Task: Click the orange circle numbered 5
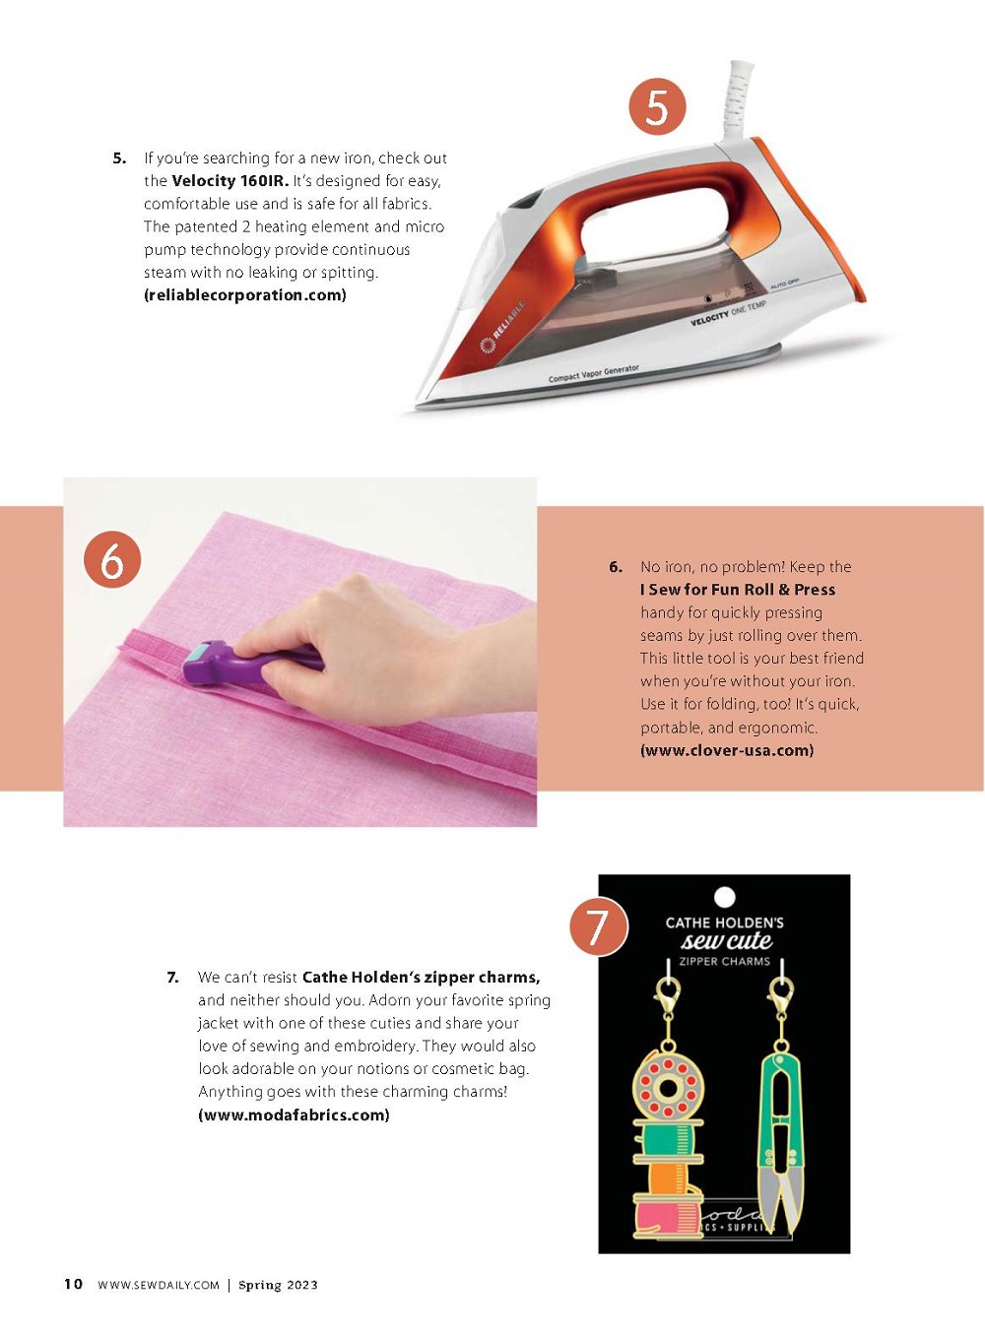pyautogui.click(x=657, y=107)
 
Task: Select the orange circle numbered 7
pyautogui.click(x=598, y=926)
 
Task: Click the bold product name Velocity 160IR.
pyautogui.click(x=230, y=181)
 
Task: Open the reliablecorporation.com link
pyautogui.click(x=244, y=295)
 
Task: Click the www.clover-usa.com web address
pyautogui.click(x=727, y=750)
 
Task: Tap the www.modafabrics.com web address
pyautogui.click(x=295, y=1114)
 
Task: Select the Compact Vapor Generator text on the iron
pyautogui.click(x=594, y=373)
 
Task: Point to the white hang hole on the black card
pyautogui.click(x=725, y=898)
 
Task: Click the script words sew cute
pyautogui.click(x=726, y=941)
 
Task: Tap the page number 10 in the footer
pyautogui.click(x=73, y=1285)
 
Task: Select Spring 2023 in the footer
pyautogui.click(x=278, y=1285)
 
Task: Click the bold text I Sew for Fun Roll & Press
pyautogui.click(x=738, y=590)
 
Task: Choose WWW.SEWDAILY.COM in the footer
pyautogui.click(x=159, y=1285)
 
